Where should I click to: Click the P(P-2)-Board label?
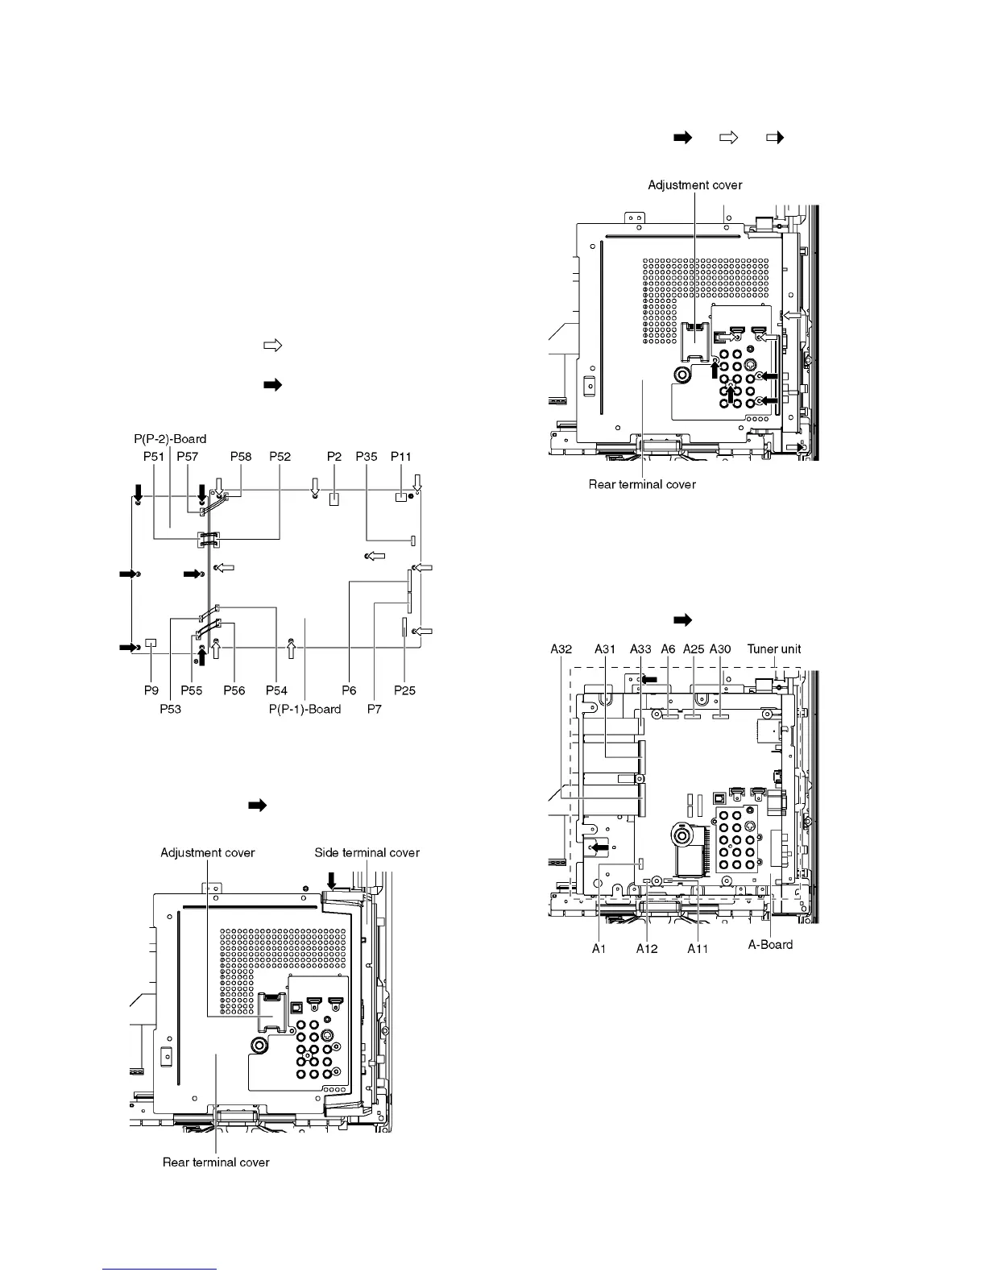170,439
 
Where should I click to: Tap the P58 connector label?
241,456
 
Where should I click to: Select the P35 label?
367,456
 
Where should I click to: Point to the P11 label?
401,456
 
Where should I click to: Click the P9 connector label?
151,690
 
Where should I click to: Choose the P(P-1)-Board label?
305,709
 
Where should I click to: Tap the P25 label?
404,690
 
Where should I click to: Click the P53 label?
170,709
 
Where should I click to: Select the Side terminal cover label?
367,852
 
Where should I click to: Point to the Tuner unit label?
774,648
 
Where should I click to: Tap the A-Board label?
770,944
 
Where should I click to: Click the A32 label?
561,648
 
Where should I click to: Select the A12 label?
647,949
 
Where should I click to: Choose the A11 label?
698,949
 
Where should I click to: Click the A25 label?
694,648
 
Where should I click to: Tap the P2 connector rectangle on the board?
334,499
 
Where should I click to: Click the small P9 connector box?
151,643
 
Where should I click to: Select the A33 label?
640,648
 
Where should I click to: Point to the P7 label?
374,709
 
